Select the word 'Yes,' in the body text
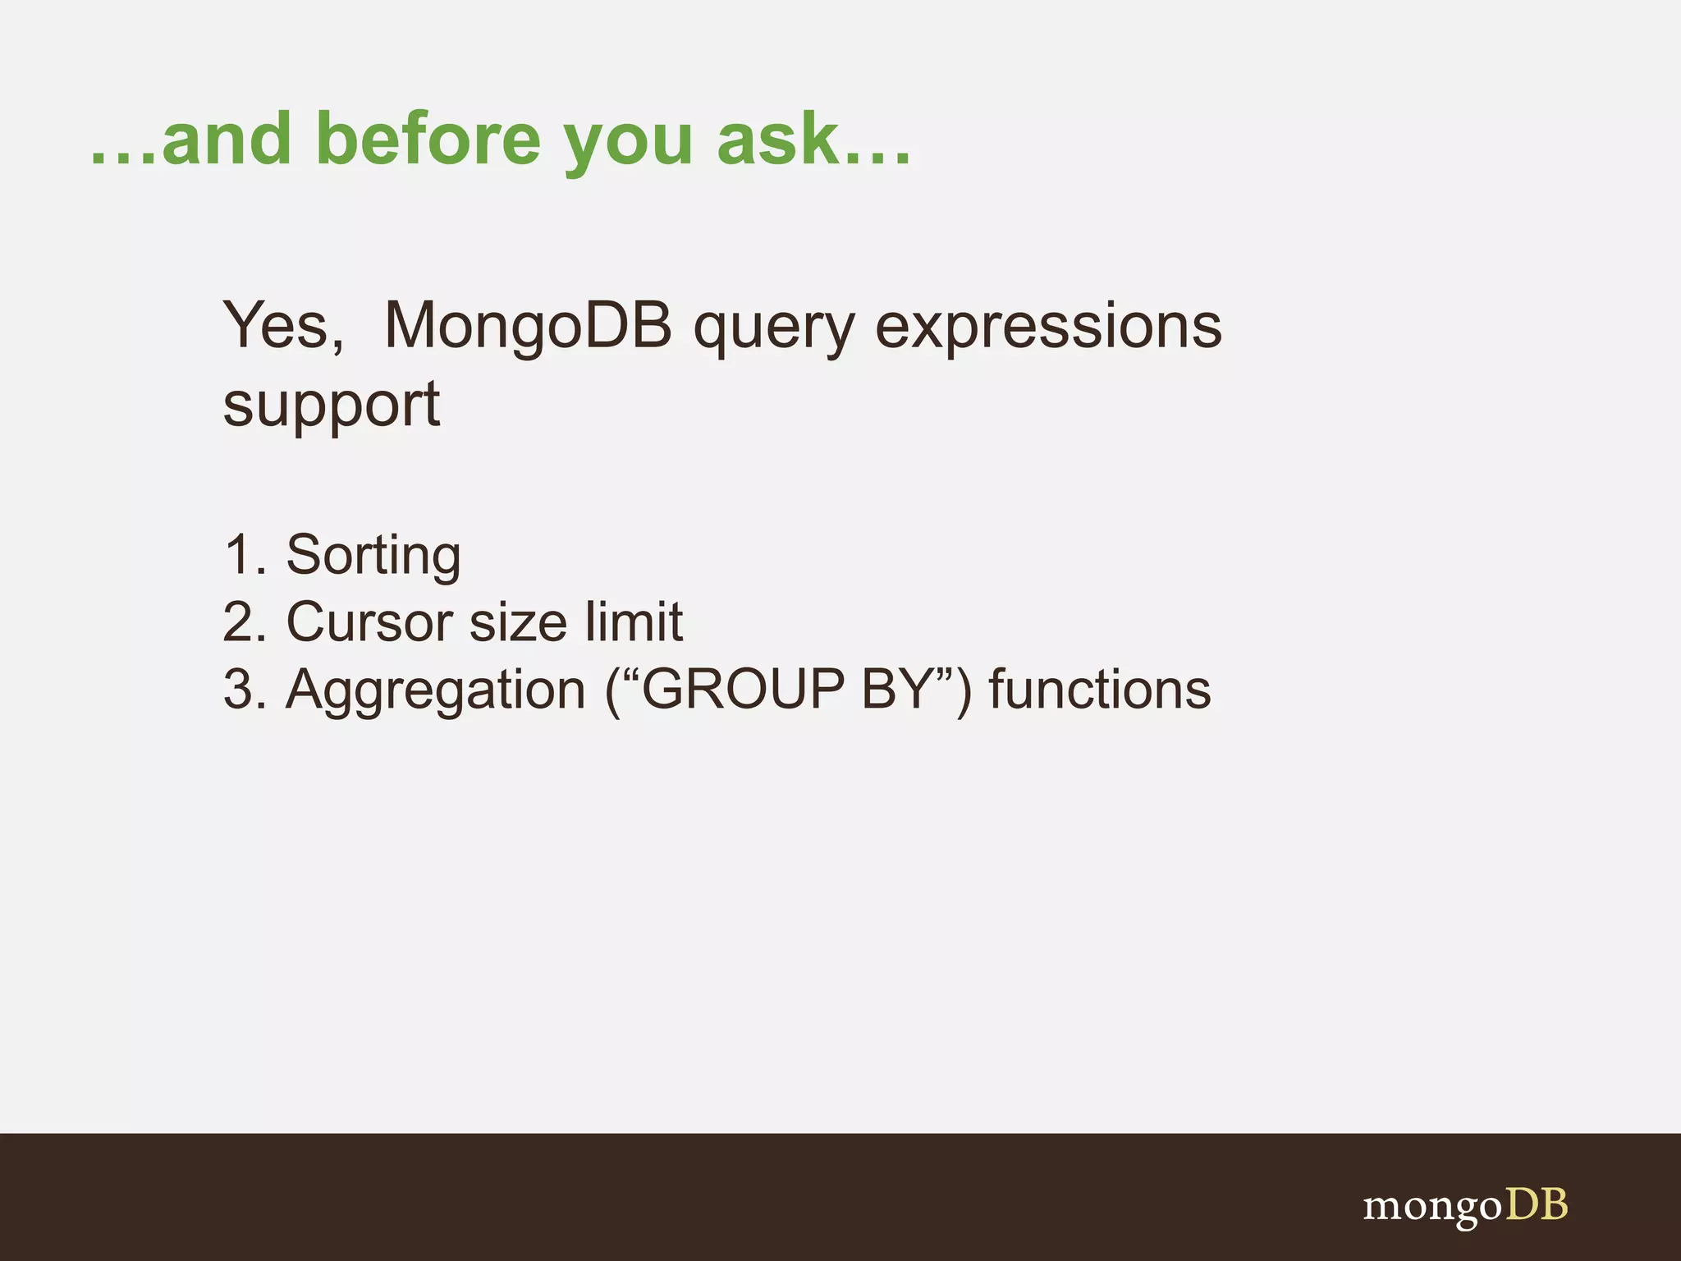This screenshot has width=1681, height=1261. pos(283,326)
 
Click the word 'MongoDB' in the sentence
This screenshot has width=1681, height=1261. pos(528,326)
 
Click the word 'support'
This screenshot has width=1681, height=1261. pos(331,406)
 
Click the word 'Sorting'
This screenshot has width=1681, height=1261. pos(373,557)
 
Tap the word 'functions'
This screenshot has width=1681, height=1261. pos(1099,690)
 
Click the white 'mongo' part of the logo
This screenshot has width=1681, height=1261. pos(1431,1208)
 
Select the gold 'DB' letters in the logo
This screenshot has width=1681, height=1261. pos(1536,1205)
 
